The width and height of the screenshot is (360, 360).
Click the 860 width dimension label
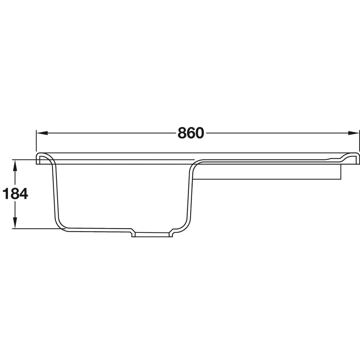[191, 133]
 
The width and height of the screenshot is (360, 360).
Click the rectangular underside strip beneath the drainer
[267, 172]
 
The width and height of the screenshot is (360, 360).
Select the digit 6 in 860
[191, 133]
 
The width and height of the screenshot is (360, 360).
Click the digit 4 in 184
[23, 194]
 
